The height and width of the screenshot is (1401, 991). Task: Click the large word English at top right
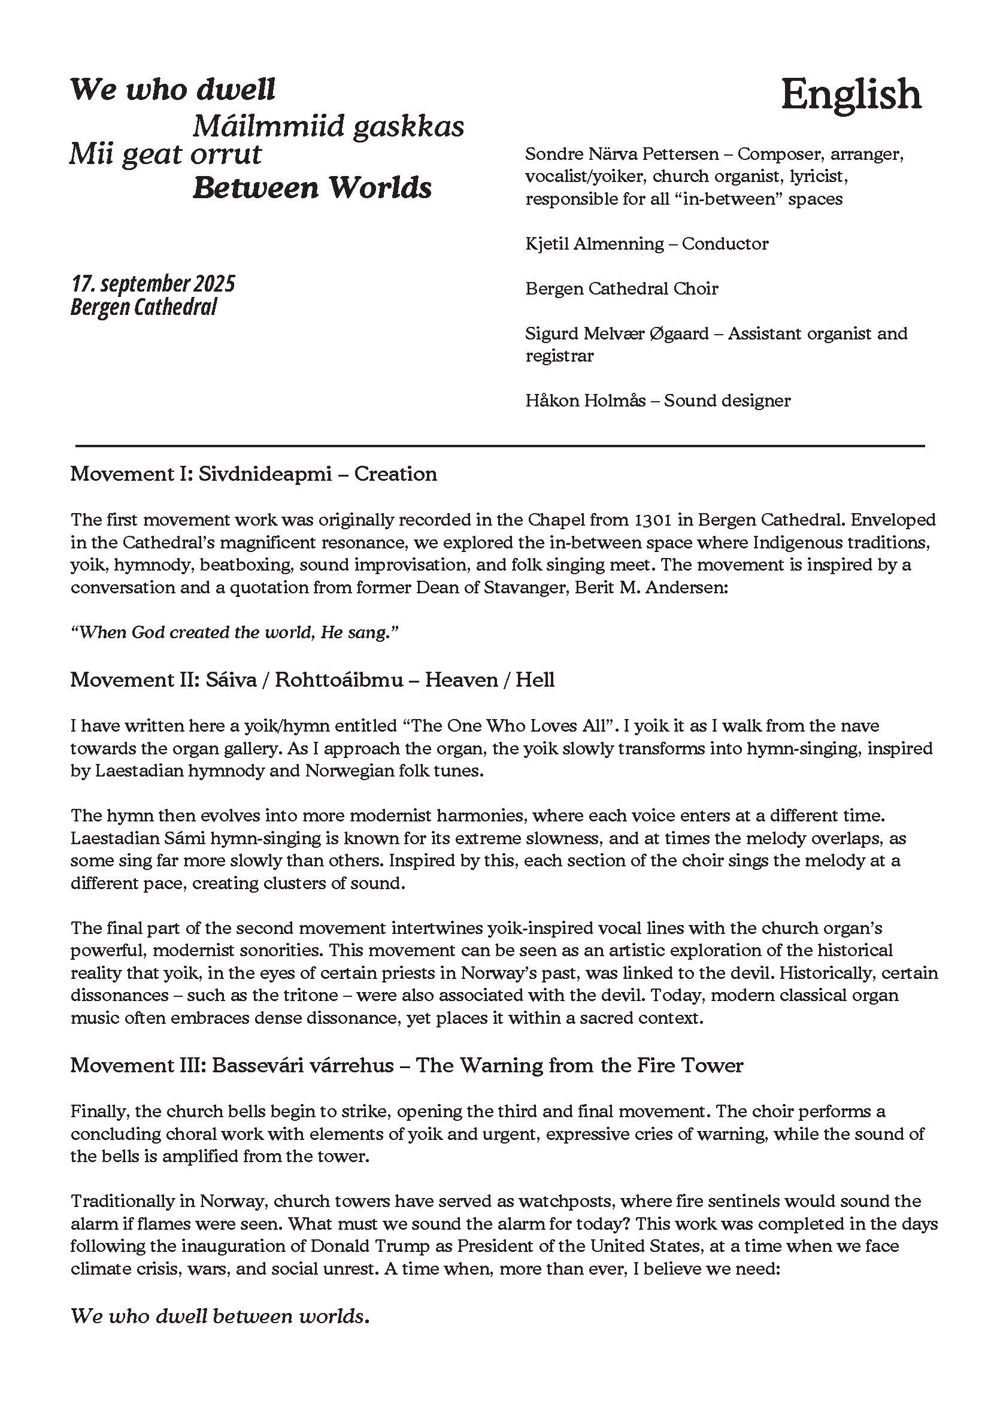pyautogui.click(x=851, y=95)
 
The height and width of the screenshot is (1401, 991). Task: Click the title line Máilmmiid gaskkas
pyautogui.click(x=328, y=126)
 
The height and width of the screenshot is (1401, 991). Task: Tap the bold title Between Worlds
pyautogui.click(x=313, y=187)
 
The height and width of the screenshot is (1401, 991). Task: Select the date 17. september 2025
pyautogui.click(x=153, y=284)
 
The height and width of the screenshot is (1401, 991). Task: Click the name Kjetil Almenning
pyautogui.click(x=595, y=244)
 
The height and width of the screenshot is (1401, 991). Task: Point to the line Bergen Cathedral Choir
pyautogui.click(x=621, y=289)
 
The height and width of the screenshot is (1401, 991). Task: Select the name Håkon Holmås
pyautogui.click(x=585, y=401)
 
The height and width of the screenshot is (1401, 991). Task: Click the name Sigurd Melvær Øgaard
pyautogui.click(x=617, y=333)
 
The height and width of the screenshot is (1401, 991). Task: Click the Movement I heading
pyautogui.click(x=254, y=474)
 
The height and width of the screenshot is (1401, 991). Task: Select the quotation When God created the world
pyautogui.click(x=234, y=633)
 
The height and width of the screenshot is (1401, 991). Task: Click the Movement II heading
pyautogui.click(x=313, y=680)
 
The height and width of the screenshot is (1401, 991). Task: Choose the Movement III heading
pyautogui.click(x=407, y=1065)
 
